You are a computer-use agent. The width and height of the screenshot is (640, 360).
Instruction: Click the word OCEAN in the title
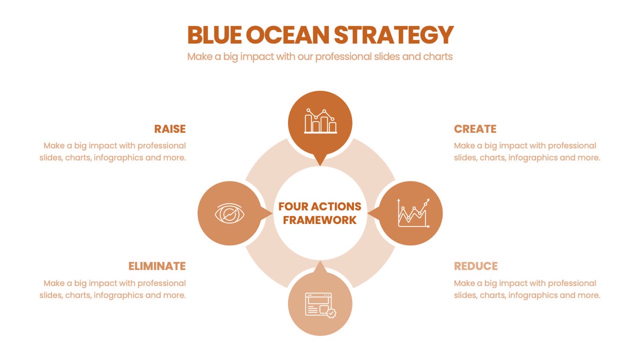(x=287, y=35)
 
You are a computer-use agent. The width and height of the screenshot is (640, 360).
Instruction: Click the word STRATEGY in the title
(x=393, y=35)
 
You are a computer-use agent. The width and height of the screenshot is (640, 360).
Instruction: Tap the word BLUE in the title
(x=214, y=35)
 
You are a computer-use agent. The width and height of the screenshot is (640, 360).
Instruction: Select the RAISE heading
(x=170, y=129)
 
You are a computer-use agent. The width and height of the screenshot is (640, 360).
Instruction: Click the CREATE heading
(x=475, y=129)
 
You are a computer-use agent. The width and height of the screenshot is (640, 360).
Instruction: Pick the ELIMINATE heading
(x=157, y=266)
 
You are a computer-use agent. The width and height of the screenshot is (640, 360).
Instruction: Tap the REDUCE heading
(x=475, y=266)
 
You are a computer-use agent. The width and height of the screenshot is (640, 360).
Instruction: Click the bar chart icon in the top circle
(x=320, y=121)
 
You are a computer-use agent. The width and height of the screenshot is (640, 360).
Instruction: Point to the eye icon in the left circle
(x=229, y=213)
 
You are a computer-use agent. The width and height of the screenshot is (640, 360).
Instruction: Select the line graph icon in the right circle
(x=413, y=213)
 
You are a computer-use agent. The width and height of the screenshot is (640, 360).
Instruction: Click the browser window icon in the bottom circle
(x=320, y=305)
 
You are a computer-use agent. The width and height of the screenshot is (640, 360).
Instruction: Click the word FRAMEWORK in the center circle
(x=319, y=220)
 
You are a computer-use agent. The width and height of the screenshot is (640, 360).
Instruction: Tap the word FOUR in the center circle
(x=293, y=206)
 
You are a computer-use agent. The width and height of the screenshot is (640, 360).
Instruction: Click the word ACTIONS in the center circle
(x=336, y=206)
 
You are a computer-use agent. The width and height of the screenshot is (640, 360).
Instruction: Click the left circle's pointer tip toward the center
(x=272, y=213)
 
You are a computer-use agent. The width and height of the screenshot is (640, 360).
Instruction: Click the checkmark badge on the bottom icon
(x=331, y=313)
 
